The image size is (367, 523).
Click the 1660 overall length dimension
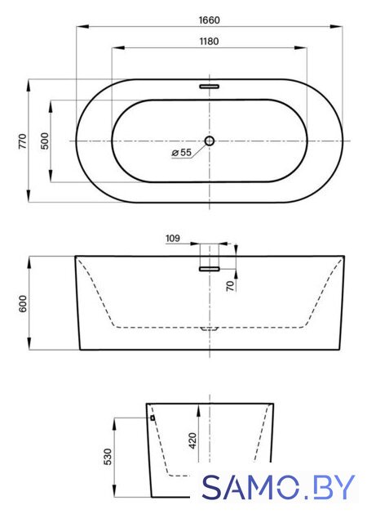click(209, 20)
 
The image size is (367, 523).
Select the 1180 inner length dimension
click(209, 42)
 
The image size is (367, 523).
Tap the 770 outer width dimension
click(22, 141)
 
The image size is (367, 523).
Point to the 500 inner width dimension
click(44, 141)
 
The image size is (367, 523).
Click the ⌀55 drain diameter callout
click(182, 153)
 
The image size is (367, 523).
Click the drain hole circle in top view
click(209, 141)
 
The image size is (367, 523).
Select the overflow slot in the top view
click(209, 87)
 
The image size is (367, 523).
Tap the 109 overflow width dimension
click(173, 238)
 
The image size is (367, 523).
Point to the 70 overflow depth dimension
click(231, 286)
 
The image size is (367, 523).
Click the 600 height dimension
click(23, 303)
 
